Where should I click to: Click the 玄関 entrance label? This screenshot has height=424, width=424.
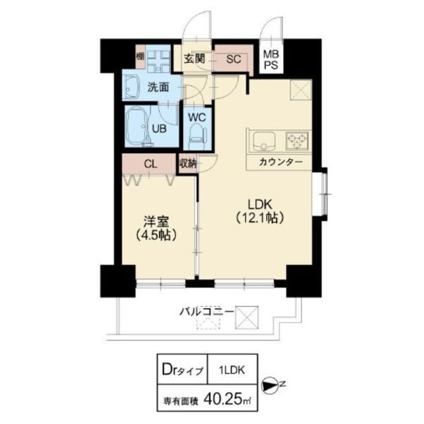[194, 58]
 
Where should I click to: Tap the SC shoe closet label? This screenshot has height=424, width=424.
[234, 58]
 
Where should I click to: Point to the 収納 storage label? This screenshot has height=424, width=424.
[187, 162]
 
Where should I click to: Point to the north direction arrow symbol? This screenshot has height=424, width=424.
[272, 385]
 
